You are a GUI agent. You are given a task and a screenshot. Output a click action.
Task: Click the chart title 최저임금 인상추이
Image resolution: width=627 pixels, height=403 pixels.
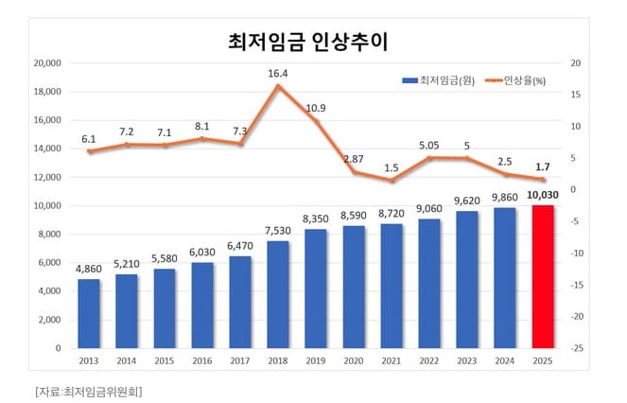coord(314,42)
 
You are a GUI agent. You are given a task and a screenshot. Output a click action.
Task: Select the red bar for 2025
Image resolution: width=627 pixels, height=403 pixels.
coord(543,276)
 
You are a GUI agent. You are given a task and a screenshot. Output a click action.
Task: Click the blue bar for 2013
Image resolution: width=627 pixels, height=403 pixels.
coord(88,313)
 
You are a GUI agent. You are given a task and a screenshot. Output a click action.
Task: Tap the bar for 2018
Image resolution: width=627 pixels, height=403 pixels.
coord(278,294)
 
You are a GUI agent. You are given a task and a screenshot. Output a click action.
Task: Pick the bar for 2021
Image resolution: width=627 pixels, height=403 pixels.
coord(392,286)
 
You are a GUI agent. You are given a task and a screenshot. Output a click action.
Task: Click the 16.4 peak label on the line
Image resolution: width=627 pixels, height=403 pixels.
coord(277,72)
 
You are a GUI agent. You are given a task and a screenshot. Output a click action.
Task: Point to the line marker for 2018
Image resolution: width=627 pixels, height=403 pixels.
coord(278,86)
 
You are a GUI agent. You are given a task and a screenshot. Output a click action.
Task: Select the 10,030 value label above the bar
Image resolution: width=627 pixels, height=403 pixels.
coord(543,194)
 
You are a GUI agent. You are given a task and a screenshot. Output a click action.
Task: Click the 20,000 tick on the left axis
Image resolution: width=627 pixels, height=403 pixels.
coord(46,63)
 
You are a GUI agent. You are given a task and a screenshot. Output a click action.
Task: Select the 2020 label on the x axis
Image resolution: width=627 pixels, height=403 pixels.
coord(353,361)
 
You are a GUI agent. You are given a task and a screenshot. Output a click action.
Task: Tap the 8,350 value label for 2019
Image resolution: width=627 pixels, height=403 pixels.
coord(316,219)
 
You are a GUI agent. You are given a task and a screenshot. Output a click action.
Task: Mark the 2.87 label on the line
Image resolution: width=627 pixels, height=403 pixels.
coord(354,158)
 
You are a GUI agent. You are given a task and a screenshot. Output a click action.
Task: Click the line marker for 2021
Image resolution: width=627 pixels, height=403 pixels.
coord(392,181)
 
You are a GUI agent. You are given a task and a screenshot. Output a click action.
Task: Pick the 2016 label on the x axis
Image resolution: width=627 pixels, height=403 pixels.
coord(201,361)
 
